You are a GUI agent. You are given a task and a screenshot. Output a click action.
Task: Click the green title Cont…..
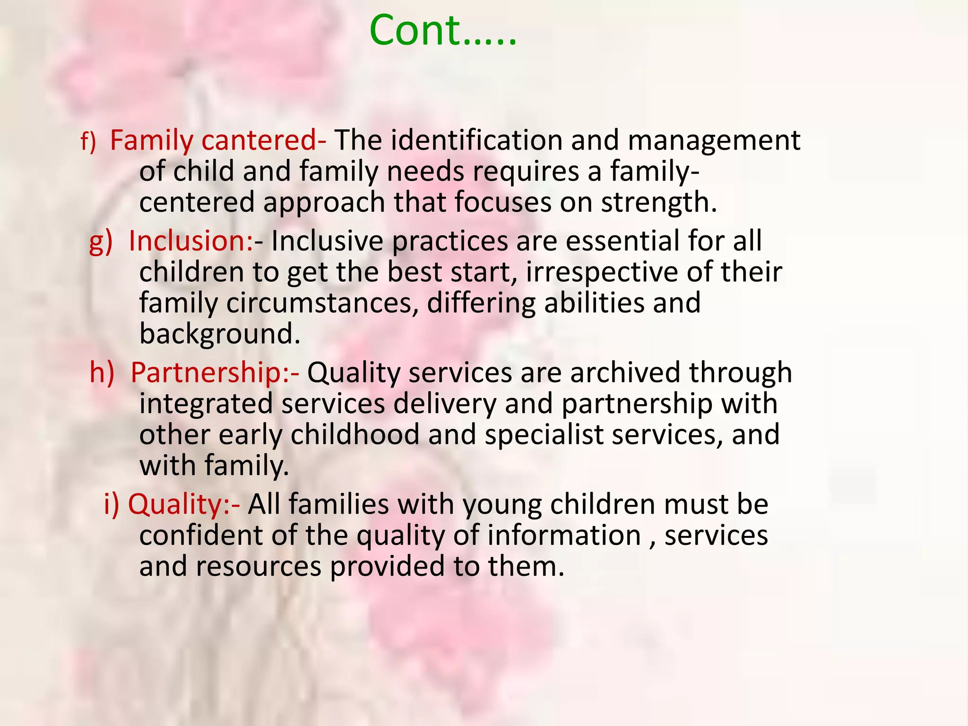point(442,31)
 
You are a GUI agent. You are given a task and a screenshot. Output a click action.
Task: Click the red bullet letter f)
point(88,141)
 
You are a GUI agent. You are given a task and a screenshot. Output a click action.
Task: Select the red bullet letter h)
point(102,372)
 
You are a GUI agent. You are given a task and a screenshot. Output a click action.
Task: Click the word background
point(220,335)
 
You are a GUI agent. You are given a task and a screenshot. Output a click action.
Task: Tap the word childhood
point(354,435)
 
